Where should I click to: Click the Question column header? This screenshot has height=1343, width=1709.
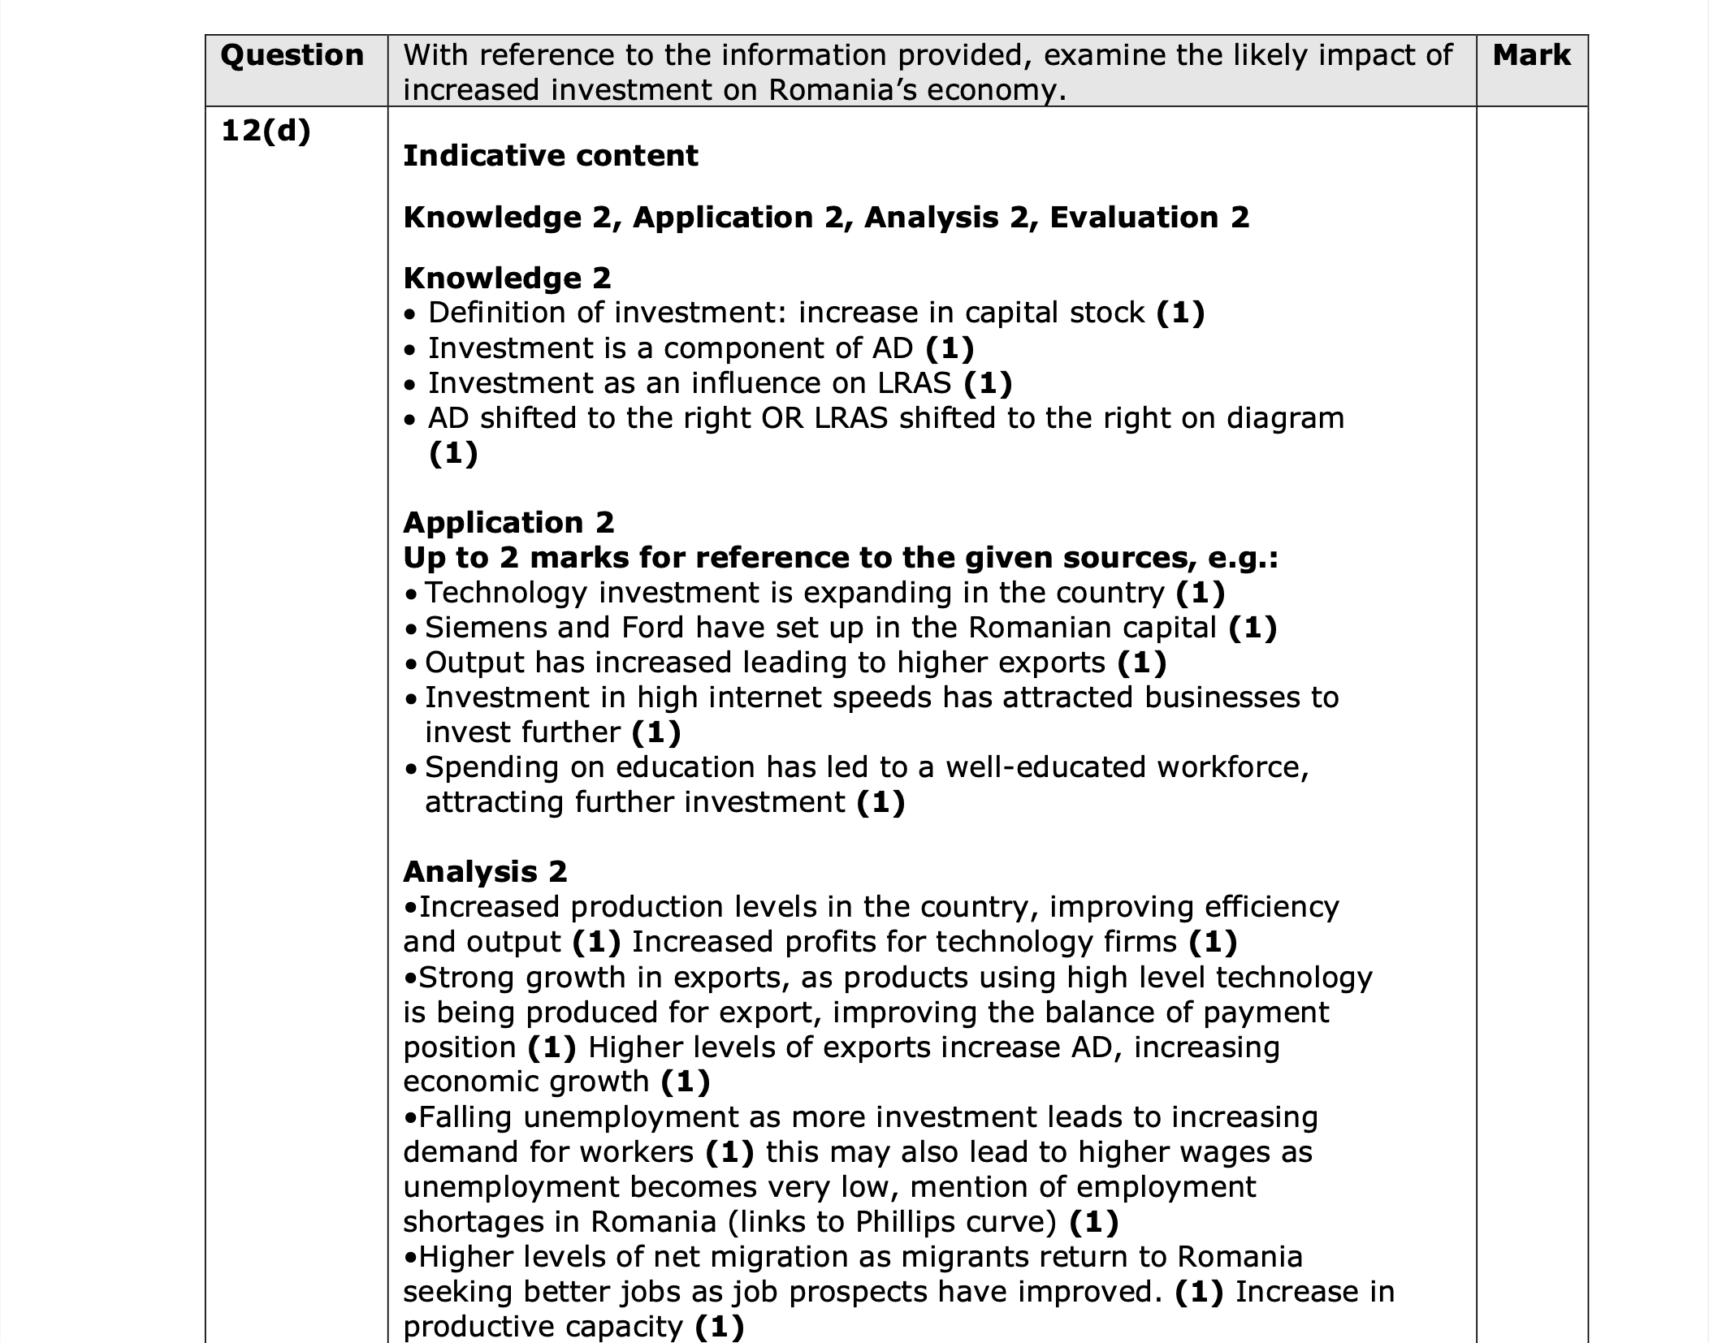click(292, 55)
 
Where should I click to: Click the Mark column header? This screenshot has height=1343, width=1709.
click(1531, 55)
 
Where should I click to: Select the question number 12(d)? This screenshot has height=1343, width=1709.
click(266, 131)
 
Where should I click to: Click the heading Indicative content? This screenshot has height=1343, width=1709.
click(550, 155)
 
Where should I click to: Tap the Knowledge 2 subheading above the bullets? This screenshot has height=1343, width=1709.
click(507, 278)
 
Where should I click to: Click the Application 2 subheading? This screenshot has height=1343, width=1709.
click(508, 522)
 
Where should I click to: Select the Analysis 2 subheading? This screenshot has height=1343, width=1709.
click(485, 871)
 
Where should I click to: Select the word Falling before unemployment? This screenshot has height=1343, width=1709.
click(465, 1117)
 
